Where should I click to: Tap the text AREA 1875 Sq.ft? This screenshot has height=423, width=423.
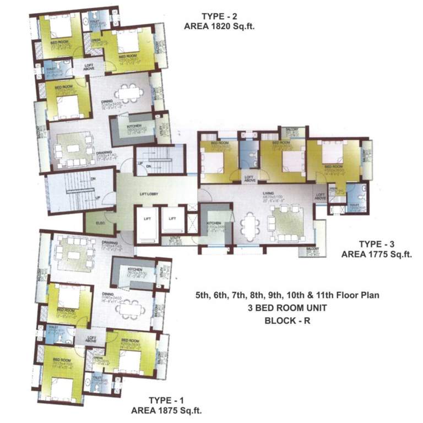(x=164, y=410)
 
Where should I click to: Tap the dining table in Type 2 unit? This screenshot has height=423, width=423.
(x=129, y=93)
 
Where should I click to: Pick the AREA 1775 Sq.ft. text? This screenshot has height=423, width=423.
(x=377, y=254)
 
